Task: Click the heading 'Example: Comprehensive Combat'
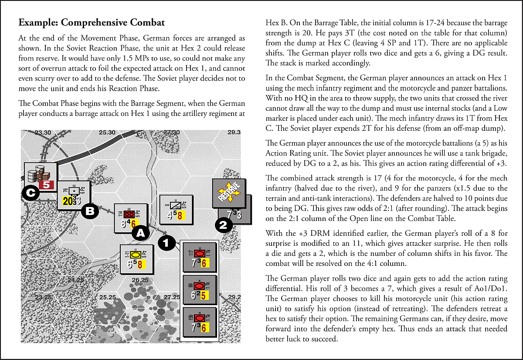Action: click(x=92, y=23)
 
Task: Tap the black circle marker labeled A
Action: click(x=140, y=233)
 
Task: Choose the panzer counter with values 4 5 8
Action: click(x=176, y=210)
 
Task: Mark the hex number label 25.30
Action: click(x=107, y=132)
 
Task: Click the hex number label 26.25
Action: click(x=140, y=280)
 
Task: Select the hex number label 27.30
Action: click(x=171, y=132)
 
